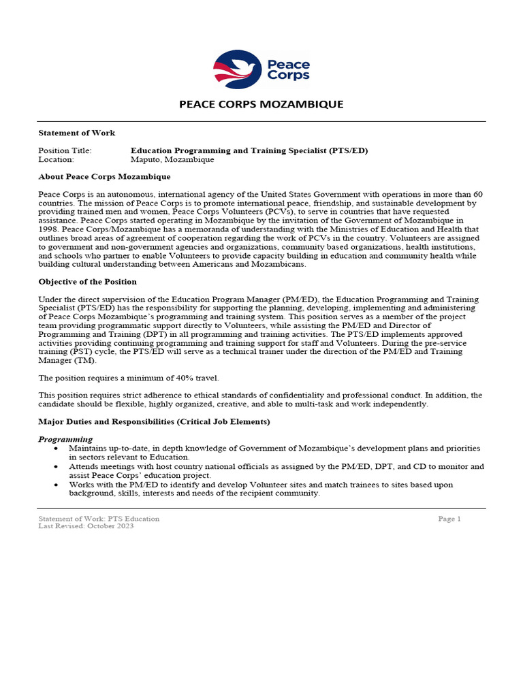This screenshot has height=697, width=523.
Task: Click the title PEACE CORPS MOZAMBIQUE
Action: [261, 104]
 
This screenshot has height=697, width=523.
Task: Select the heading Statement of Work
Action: [77, 133]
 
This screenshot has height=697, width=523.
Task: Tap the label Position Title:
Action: [65, 150]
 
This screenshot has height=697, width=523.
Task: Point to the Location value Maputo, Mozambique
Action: [172, 159]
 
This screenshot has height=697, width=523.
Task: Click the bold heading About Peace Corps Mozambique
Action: [104, 176]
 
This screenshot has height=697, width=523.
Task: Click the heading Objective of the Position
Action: [88, 282]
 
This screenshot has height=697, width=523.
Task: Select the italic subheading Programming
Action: [65, 439]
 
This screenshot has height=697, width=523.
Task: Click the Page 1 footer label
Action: [449, 519]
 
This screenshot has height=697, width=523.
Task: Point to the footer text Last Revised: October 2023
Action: [86, 526]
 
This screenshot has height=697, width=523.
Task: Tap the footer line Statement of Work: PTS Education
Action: [99, 519]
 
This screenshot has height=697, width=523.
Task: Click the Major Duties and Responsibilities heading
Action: [154, 422]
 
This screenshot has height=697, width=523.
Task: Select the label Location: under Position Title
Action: [57, 159]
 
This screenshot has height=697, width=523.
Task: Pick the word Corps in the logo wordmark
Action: [288, 76]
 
